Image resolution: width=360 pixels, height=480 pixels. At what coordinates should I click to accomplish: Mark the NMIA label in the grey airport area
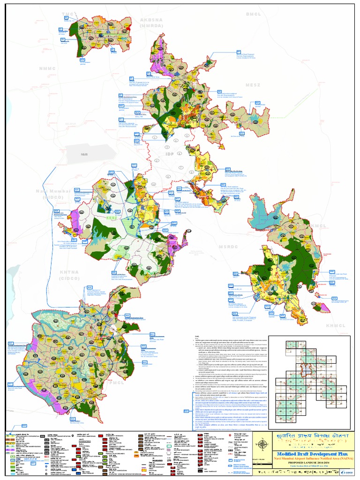tap(84, 154)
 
